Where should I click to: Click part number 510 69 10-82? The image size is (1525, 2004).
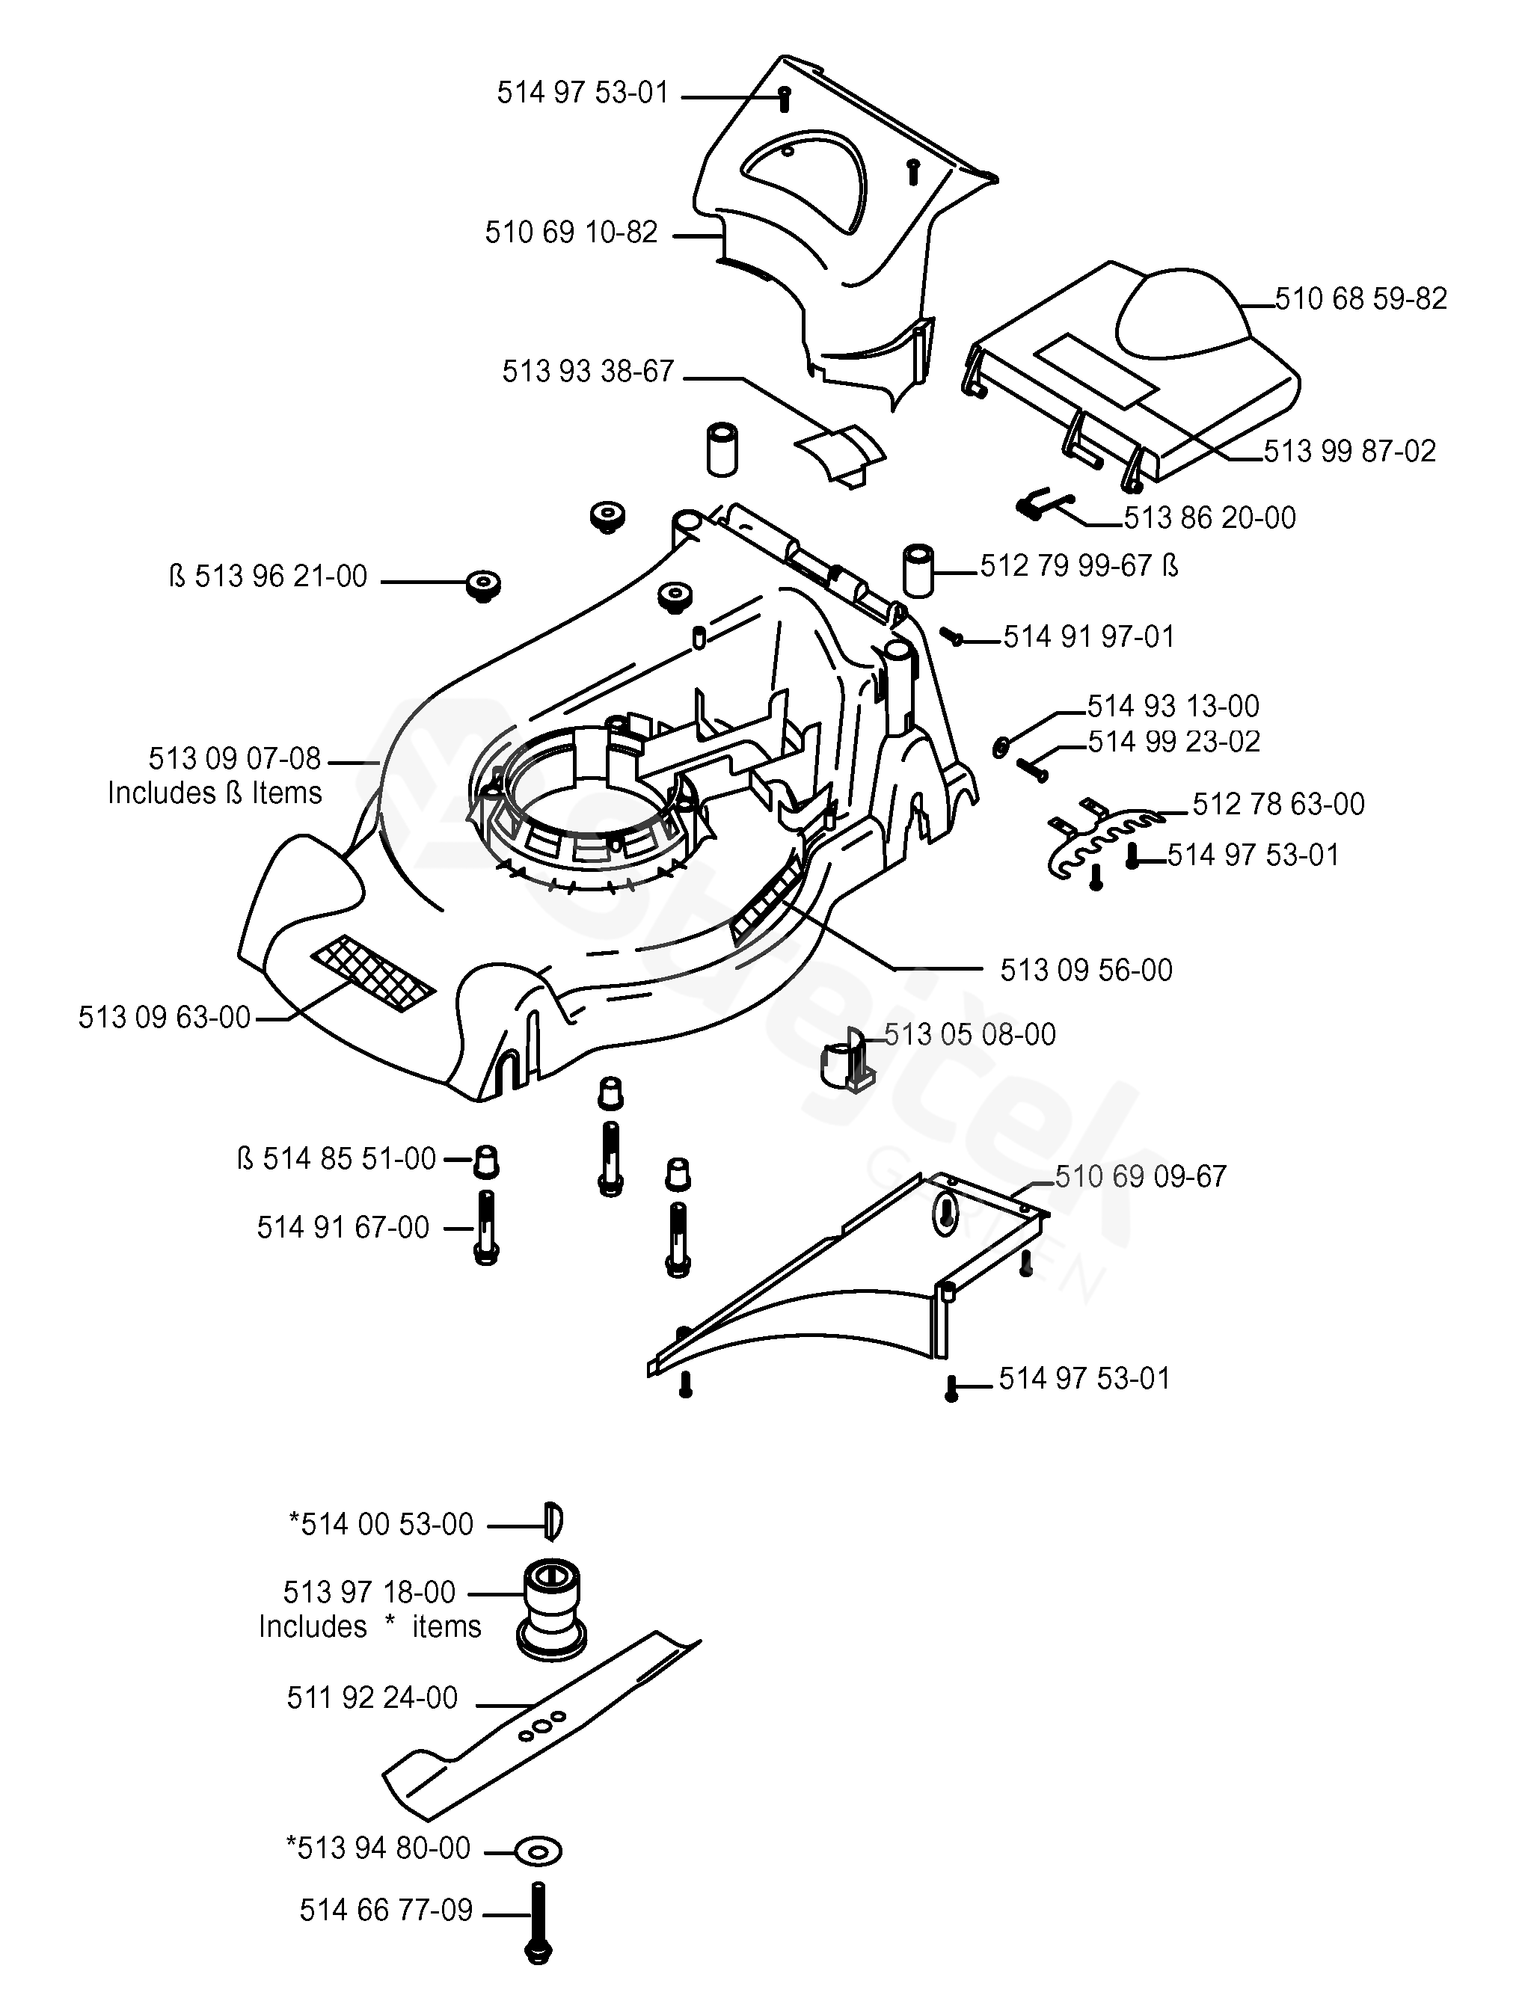pyautogui.click(x=570, y=233)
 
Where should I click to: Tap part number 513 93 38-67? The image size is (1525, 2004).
pyautogui.click(x=587, y=371)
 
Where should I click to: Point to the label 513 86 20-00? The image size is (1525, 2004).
pyautogui.click(x=1209, y=518)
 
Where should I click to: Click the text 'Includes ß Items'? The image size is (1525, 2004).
pyautogui.click(x=215, y=793)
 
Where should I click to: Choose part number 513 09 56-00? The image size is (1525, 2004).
pyautogui.click(x=1086, y=971)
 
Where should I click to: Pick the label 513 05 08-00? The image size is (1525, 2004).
pyautogui.click(x=969, y=1035)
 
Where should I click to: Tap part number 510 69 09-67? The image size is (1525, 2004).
pyautogui.click(x=1140, y=1176)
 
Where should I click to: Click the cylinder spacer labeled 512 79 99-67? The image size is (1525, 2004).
pyautogui.click(x=918, y=570)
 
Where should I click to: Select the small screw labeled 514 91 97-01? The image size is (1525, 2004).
pyautogui.click(x=952, y=637)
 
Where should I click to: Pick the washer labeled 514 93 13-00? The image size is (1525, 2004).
pyautogui.click(x=1000, y=746)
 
